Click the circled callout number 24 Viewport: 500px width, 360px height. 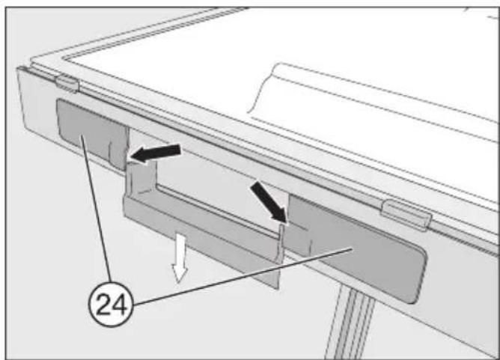(110, 305)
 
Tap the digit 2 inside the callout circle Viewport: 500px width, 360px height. (103, 305)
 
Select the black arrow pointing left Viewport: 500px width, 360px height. (155, 153)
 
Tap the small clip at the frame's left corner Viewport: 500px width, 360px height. (67, 83)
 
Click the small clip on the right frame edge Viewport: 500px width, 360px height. (406, 213)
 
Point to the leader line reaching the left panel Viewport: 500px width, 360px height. (97, 208)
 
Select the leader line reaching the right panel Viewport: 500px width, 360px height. (243, 276)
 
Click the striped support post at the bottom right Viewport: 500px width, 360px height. (351, 322)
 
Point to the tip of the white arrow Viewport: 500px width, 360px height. (179, 282)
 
